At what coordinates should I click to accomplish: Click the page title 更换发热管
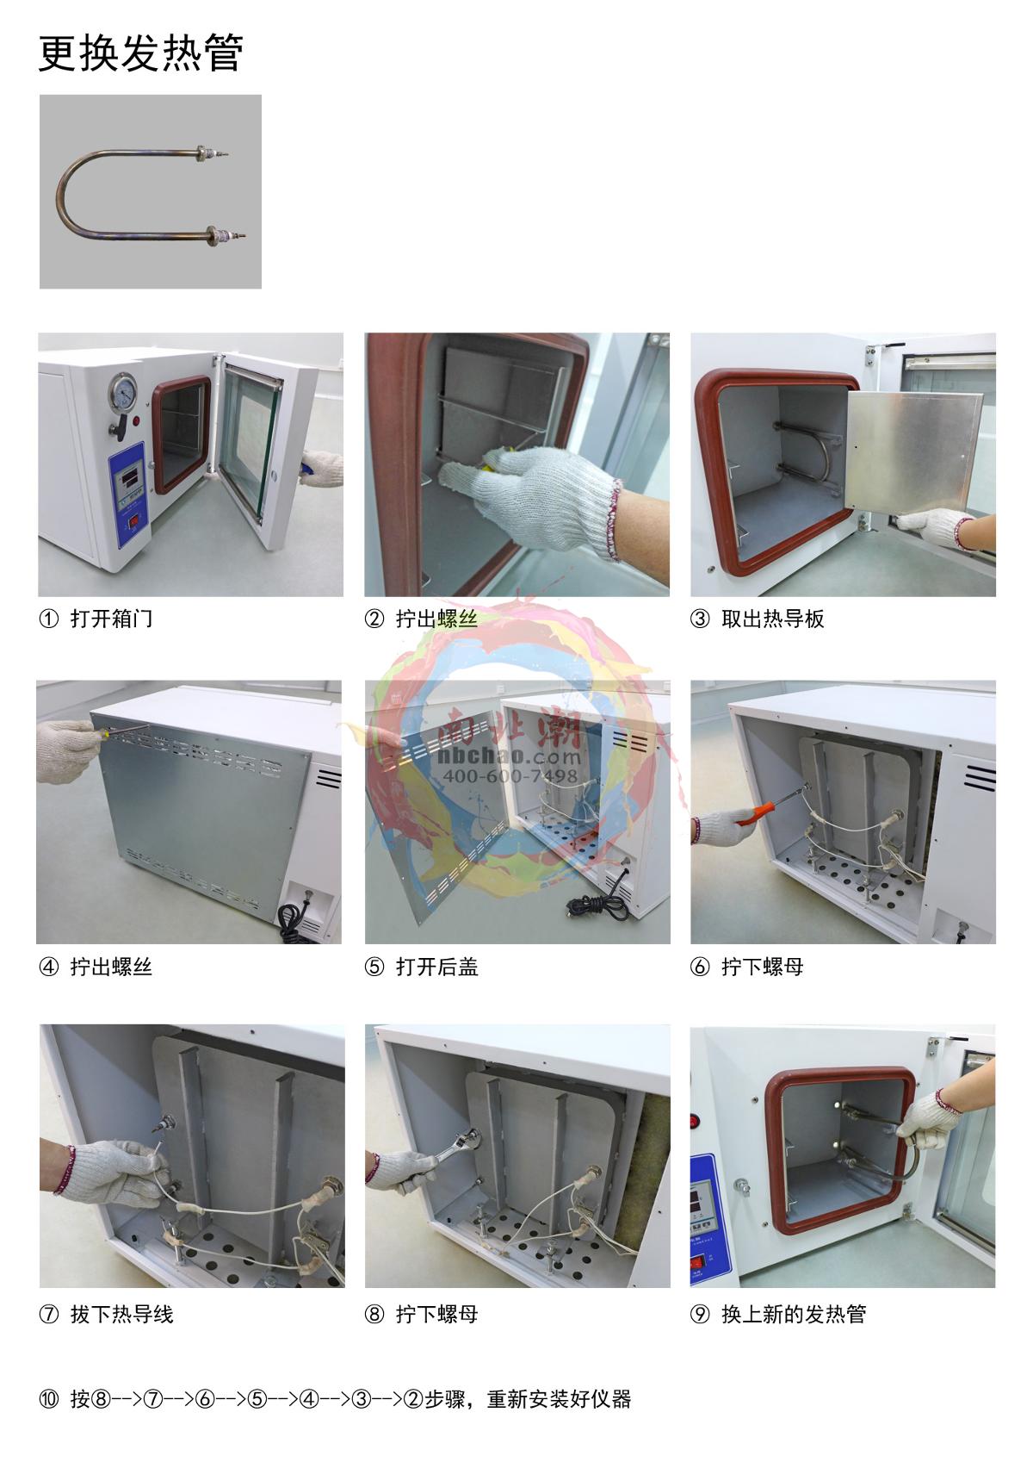pyautogui.click(x=141, y=53)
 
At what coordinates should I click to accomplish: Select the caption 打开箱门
pyautogui.click(x=112, y=618)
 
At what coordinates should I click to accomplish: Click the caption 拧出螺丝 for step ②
pyautogui.click(x=437, y=618)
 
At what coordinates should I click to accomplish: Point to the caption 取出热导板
pyautogui.click(x=773, y=618)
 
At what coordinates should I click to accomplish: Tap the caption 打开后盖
pyautogui.click(x=437, y=967)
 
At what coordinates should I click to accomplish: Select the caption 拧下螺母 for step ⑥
pyautogui.click(x=763, y=967)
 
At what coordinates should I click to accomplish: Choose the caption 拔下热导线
pyautogui.click(x=122, y=1314)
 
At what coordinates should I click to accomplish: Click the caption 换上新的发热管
pyautogui.click(x=794, y=1314)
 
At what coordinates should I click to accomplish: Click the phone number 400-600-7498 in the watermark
pyautogui.click(x=510, y=775)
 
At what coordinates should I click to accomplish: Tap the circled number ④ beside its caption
pyautogui.click(x=49, y=967)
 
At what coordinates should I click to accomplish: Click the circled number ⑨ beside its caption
pyautogui.click(x=700, y=1314)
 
